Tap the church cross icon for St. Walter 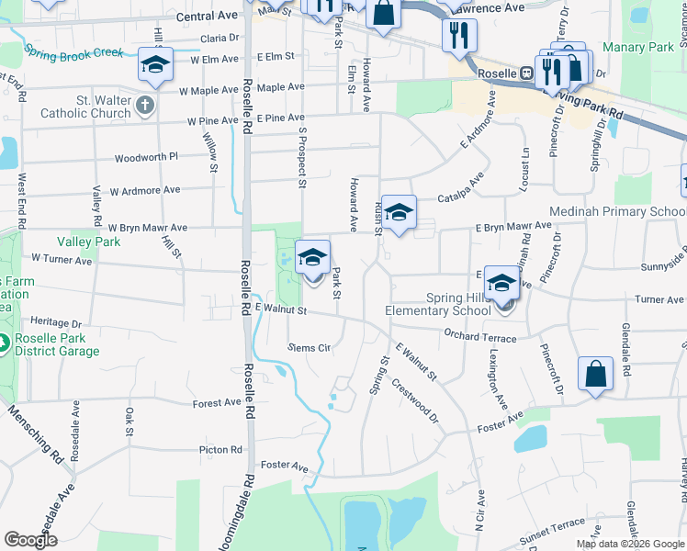(143, 107)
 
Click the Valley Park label (88, 242)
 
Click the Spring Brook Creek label (73, 51)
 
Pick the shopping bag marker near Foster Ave (595, 375)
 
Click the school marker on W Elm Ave (155, 66)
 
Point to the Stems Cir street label (309, 347)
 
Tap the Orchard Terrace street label (479, 337)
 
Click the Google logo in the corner (30, 540)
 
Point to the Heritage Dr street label (56, 322)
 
